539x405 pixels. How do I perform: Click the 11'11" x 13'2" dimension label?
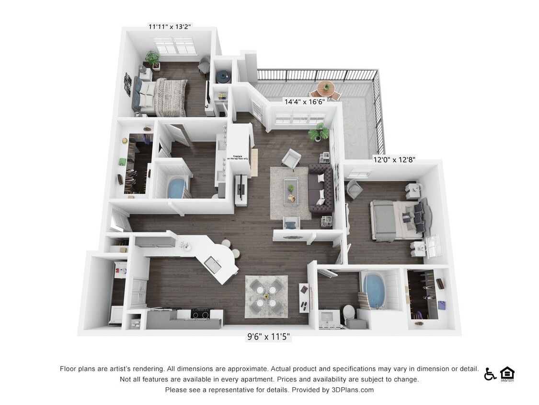pos(170,27)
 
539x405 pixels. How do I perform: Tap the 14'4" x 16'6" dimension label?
pos(305,101)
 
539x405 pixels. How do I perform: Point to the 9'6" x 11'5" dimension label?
pos(268,337)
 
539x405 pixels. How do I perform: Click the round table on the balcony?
pos(326,88)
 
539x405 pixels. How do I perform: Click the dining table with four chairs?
pos(266,297)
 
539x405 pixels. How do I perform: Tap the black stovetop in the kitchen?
pos(200,314)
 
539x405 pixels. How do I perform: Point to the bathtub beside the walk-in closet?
pos(177,188)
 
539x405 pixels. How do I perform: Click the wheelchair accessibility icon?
pos(490,374)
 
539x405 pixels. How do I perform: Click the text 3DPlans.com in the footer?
pos(352,390)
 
